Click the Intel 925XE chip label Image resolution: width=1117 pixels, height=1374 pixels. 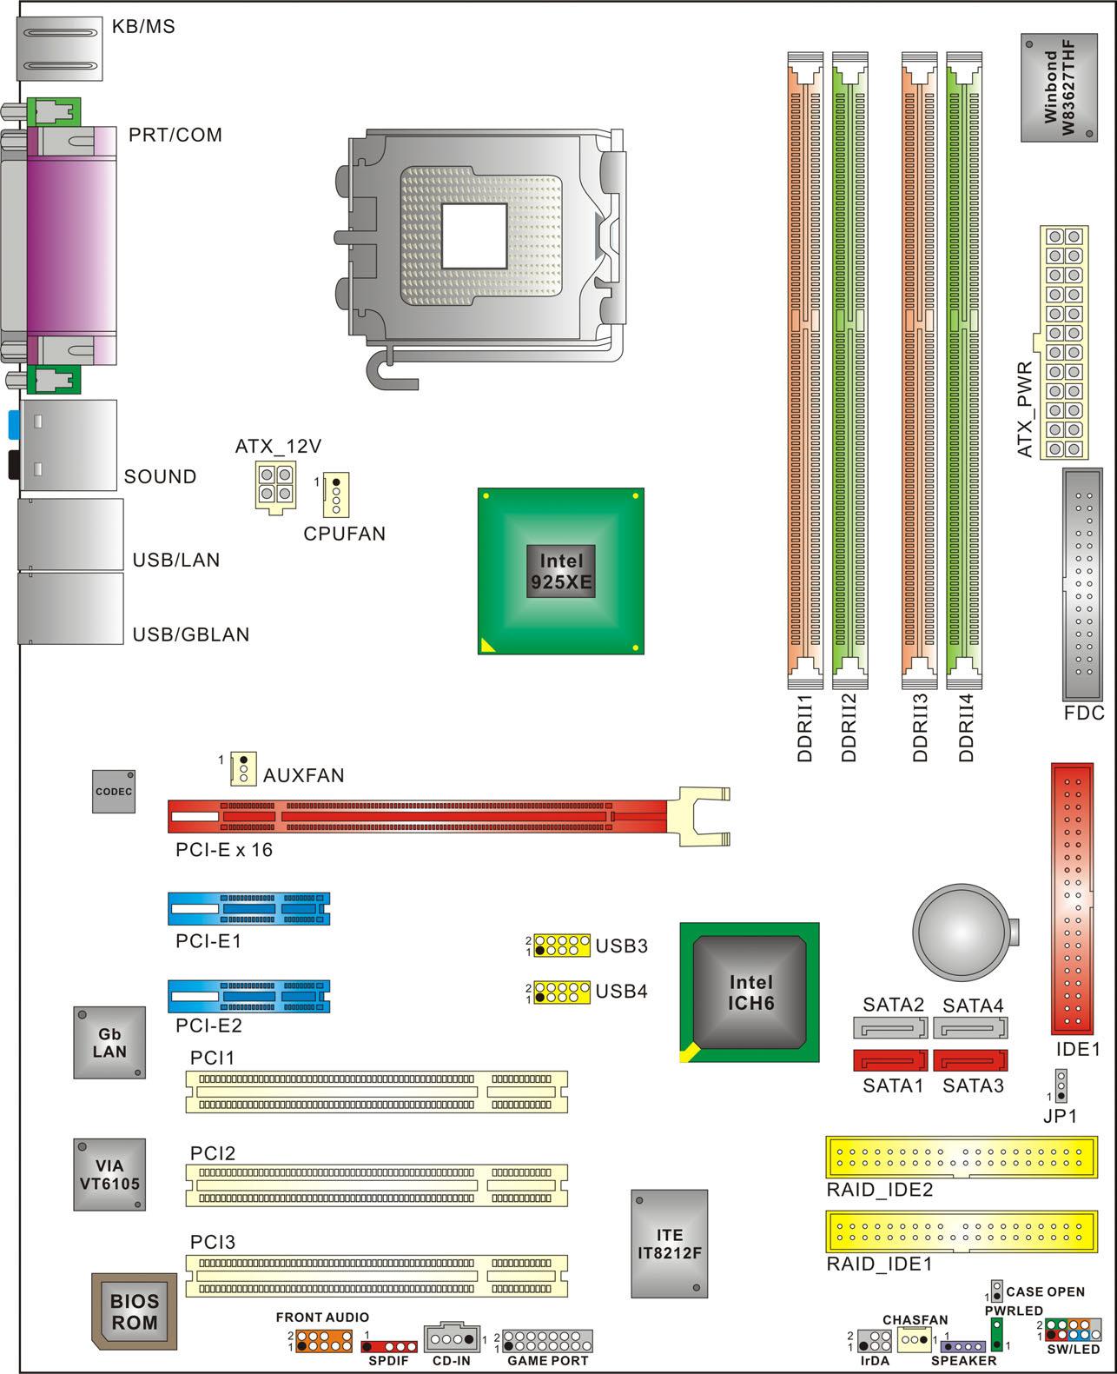(560, 572)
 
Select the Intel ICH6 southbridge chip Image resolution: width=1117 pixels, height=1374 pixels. (750, 992)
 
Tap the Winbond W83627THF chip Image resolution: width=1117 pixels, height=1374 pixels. (1059, 88)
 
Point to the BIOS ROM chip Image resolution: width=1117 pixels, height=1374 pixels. (134, 1311)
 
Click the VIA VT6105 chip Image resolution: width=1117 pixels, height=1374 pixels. (109, 1175)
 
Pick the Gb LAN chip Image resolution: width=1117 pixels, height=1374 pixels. (109, 1042)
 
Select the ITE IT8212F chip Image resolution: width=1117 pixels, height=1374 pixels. (669, 1244)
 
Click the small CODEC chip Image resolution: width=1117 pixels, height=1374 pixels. (114, 792)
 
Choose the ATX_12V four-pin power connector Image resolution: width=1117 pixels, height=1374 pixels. (276, 487)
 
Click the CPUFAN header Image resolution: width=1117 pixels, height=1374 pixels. (336, 495)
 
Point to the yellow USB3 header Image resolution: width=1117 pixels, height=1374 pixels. (561, 946)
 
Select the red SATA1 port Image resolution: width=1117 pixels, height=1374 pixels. (890, 1060)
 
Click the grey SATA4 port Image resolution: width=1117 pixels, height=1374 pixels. (970, 1027)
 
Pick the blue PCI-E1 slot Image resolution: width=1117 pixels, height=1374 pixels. (248, 909)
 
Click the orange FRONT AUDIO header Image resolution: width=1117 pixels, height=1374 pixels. (324, 1342)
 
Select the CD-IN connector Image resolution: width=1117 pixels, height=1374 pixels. (452, 1337)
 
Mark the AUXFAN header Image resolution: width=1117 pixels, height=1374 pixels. (244, 769)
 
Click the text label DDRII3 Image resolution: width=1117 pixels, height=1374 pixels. (920, 727)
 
